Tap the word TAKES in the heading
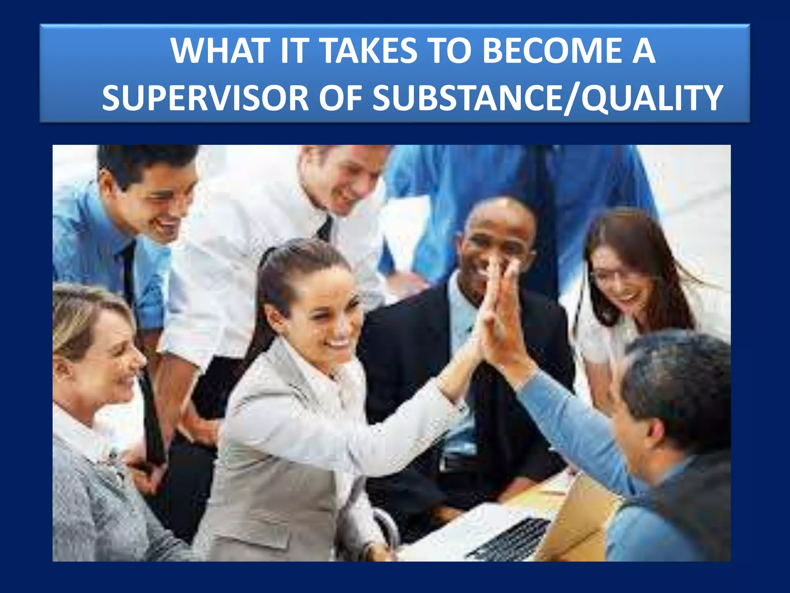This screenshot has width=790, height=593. pos(369,51)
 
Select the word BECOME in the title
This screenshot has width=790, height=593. pos(552,51)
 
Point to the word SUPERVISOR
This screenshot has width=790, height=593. pos(205,98)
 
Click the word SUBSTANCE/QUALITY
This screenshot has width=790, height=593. pos(547,98)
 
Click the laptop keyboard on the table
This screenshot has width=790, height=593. pos(509,539)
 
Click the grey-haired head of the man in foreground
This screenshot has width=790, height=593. pos(679,378)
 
